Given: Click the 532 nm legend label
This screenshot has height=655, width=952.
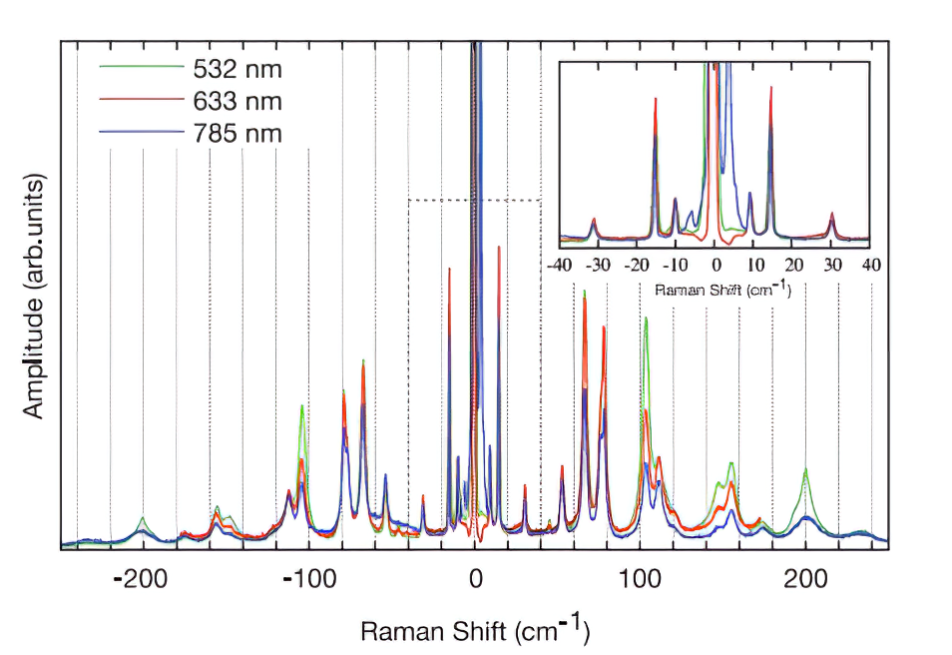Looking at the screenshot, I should [x=238, y=70].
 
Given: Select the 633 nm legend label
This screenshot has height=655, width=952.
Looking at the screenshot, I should [x=238, y=101].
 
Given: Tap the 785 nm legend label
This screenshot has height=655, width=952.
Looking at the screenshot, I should [x=238, y=132].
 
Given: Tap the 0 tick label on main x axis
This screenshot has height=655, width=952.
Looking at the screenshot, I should [x=476, y=578].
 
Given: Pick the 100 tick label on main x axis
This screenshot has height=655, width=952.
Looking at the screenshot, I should [x=640, y=578].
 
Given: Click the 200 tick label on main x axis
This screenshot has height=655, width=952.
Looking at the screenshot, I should [x=805, y=578].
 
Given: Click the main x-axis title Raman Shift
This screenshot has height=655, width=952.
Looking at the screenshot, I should [x=475, y=631].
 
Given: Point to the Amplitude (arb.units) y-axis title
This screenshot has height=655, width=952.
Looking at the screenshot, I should [x=35, y=299].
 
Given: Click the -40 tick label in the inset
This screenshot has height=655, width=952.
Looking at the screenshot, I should [x=559, y=266].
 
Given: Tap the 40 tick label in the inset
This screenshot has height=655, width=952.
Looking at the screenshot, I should [x=871, y=266].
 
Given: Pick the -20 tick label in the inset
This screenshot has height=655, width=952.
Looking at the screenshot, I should [x=637, y=266].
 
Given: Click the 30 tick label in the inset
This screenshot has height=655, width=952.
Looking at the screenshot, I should [x=832, y=266].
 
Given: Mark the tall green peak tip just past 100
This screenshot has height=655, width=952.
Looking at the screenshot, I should [x=646, y=319].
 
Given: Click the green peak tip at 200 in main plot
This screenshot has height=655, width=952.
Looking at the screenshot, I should [x=804, y=468].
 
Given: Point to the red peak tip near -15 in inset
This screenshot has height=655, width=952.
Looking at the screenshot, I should [x=656, y=98].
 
